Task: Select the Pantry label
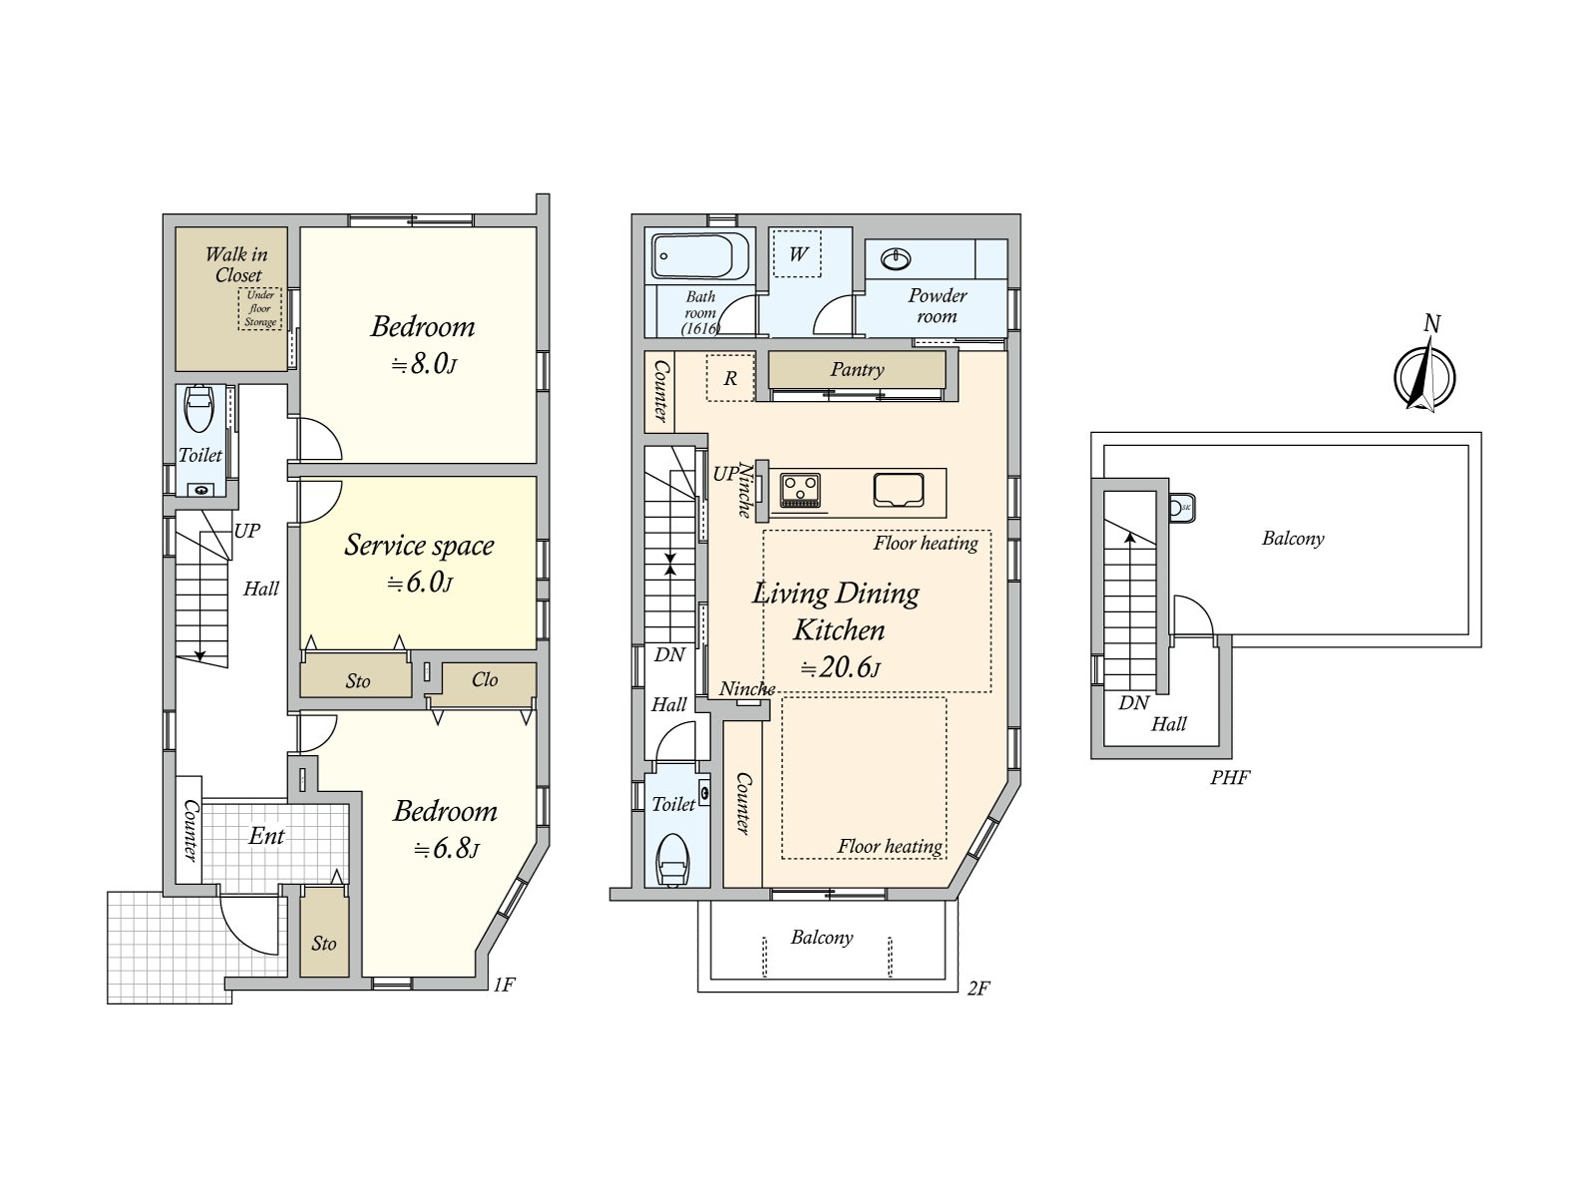click(857, 370)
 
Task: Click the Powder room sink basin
click(896, 259)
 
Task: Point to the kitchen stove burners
click(800, 490)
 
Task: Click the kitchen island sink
click(899, 490)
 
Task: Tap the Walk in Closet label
click(236, 264)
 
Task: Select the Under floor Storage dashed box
click(260, 309)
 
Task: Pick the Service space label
click(419, 546)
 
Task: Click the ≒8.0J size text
click(423, 365)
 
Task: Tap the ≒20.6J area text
click(840, 668)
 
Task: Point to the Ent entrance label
click(266, 836)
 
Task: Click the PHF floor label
click(1230, 778)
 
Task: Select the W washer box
click(797, 253)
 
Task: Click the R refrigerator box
click(730, 379)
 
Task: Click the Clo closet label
click(485, 680)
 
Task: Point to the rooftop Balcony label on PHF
click(1293, 539)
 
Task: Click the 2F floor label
click(978, 989)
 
